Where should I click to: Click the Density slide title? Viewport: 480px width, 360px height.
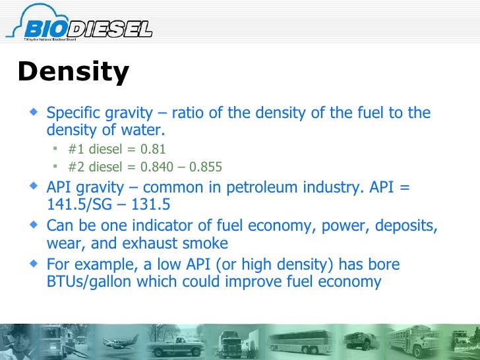tap(73, 72)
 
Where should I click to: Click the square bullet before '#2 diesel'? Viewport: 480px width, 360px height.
tap(57, 166)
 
